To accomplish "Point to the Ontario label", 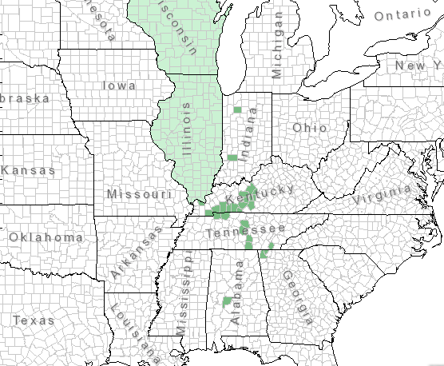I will coord(402,15).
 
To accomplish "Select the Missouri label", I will coord(139,194).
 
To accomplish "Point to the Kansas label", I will coord(29,170).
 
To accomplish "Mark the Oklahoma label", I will coord(46,237).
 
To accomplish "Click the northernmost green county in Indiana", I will coord(237,109).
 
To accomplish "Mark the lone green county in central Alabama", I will coord(226,300).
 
